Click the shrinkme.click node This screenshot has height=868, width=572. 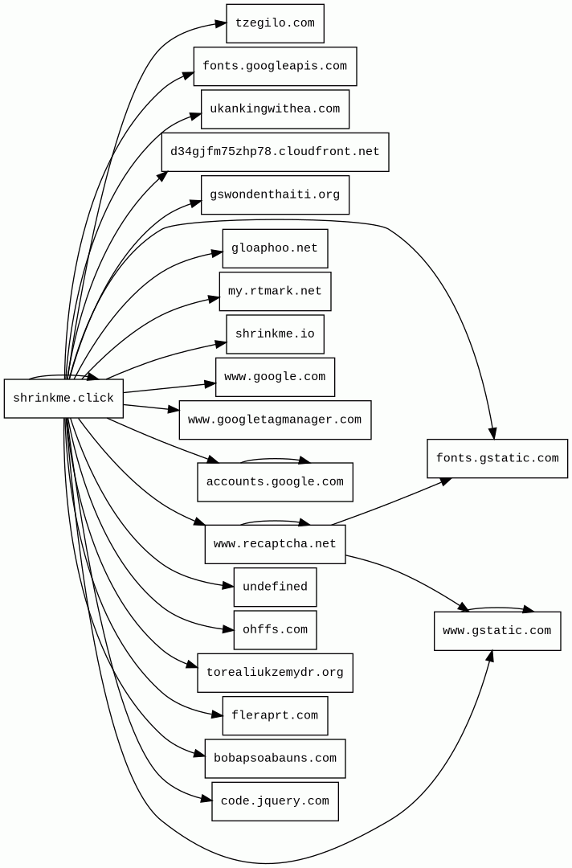(x=63, y=399)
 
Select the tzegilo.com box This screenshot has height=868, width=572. (x=275, y=23)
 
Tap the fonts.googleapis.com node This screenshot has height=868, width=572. (x=275, y=67)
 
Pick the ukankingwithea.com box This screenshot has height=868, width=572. (x=275, y=109)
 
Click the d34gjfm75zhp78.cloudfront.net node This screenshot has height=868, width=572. (x=275, y=152)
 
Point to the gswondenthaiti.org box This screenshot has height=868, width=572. (x=275, y=195)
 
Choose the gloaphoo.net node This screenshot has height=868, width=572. (x=275, y=248)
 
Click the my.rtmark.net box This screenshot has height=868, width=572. (x=275, y=292)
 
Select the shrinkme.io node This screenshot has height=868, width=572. (x=275, y=334)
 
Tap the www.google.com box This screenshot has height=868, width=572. (x=275, y=377)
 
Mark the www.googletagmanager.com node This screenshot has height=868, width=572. (x=275, y=420)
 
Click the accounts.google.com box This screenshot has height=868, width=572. (x=275, y=482)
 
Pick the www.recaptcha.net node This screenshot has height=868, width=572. (x=275, y=544)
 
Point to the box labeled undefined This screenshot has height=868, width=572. (x=275, y=588)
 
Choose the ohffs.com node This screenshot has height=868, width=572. (x=275, y=630)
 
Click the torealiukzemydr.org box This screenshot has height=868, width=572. (x=275, y=673)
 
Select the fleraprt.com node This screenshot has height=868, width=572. (x=275, y=716)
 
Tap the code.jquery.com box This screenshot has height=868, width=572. (x=275, y=801)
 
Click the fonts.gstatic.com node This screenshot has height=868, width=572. (x=497, y=459)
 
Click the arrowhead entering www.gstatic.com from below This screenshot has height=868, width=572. (x=489, y=656)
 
